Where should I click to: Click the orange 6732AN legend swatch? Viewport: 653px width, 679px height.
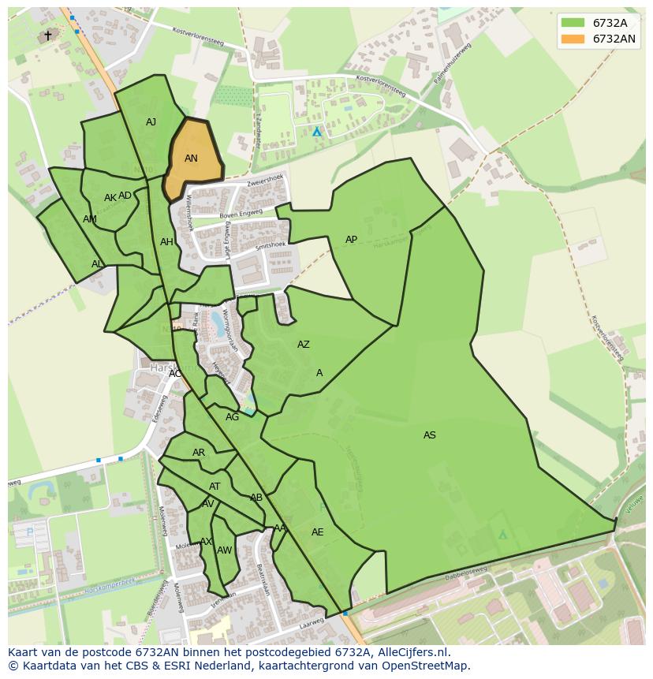tap(573, 39)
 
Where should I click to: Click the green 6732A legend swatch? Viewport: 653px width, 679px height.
tap(573, 23)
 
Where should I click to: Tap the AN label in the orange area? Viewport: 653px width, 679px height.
tap(191, 159)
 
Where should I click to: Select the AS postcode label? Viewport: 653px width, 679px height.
tap(430, 435)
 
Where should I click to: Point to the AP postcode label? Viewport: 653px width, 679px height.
tap(352, 240)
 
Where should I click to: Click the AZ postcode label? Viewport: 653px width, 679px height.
tap(304, 345)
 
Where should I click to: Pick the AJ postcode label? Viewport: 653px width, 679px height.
tap(151, 122)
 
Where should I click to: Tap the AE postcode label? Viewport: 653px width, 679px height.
tap(318, 532)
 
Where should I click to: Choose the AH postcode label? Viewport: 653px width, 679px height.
tap(166, 242)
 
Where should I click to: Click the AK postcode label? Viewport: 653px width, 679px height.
tap(110, 198)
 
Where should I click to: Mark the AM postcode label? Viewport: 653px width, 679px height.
tap(90, 219)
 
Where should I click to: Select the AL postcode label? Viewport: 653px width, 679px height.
tap(97, 264)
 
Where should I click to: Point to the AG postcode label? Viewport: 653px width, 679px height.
tap(232, 417)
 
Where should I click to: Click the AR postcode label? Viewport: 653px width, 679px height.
tap(199, 453)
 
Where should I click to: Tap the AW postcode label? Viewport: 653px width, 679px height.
tap(225, 550)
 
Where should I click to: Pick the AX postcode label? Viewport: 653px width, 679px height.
tap(206, 542)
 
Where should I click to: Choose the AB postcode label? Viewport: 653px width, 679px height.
tap(256, 498)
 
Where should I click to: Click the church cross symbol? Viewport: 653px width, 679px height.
tap(47, 35)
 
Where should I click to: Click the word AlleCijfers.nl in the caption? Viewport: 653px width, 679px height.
tap(410, 652)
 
